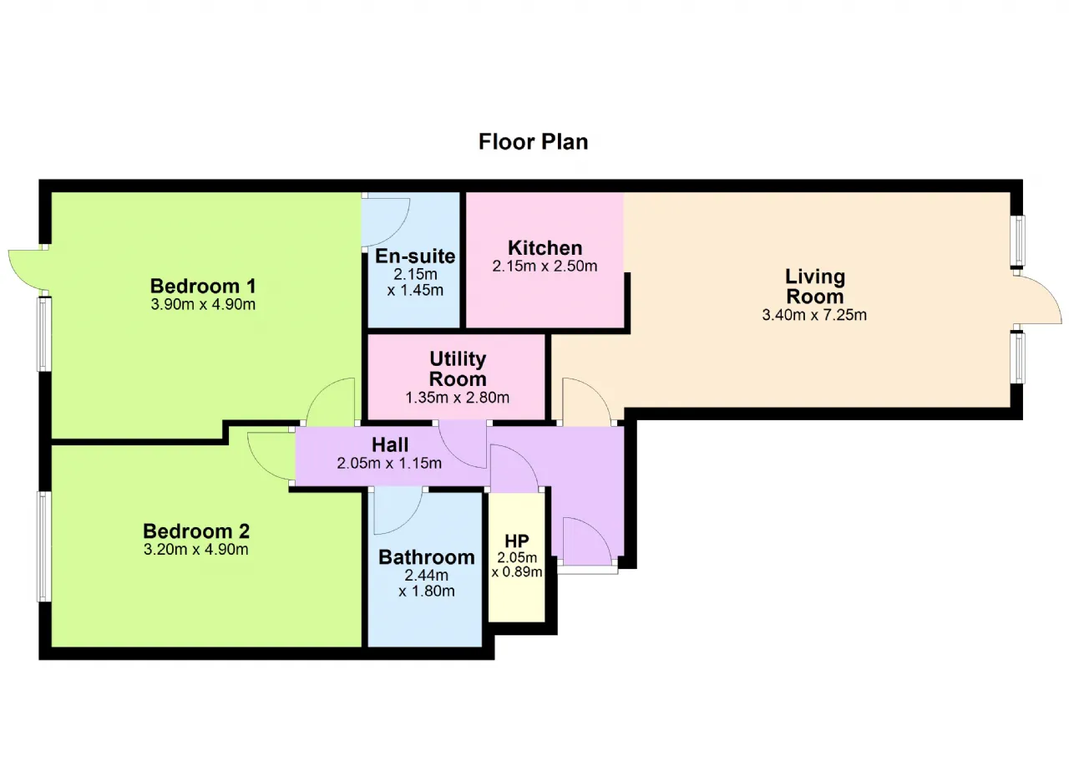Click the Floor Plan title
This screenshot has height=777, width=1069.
pyautogui.click(x=533, y=142)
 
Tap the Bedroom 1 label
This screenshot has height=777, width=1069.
pyautogui.click(x=203, y=287)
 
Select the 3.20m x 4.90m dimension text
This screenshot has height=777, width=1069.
pyautogui.click(x=196, y=550)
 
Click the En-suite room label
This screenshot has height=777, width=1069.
pyautogui.click(x=415, y=256)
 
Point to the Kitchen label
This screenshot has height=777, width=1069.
pyautogui.click(x=545, y=248)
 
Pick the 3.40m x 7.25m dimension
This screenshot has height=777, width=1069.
pyautogui.click(x=814, y=315)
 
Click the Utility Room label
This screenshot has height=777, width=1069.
pyautogui.click(x=458, y=369)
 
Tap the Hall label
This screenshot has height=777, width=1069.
pyautogui.click(x=390, y=444)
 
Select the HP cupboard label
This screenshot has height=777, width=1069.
pyautogui.click(x=517, y=541)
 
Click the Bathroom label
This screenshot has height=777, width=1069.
pyautogui.click(x=427, y=557)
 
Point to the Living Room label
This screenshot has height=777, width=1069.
pyautogui.click(x=814, y=287)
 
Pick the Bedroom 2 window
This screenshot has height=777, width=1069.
pyautogui.click(x=43, y=546)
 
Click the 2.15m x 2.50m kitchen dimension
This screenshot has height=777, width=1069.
pyautogui.click(x=545, y=266)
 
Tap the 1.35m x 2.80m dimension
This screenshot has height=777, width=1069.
pyautogui.click(x=458, y=398)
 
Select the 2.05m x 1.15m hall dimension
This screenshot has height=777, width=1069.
pyautogui.click(x=389, y=464)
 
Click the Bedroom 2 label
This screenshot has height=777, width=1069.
pyautogui.click(x=196, y=531)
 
